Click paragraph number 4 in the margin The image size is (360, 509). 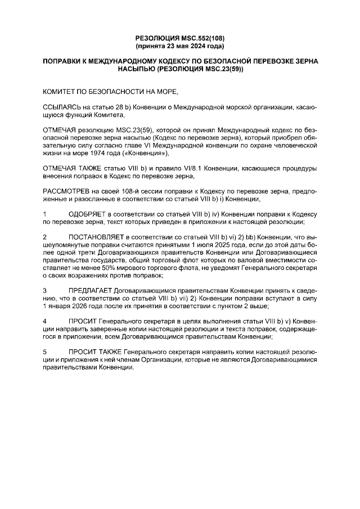pyautogui.click(x=45, y=321)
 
